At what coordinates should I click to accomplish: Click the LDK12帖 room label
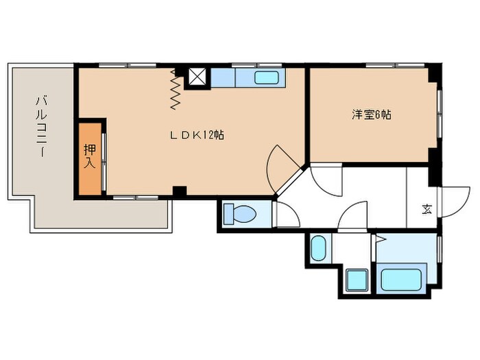click(197, 135)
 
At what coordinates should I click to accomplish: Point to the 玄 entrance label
click(427, 208)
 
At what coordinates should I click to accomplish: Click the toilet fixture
click(241, 215)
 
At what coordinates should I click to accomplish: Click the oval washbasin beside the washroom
click(318, 248)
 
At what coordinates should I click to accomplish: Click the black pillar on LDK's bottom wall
click(180, 192)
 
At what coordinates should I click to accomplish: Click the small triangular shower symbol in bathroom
click(380, 239)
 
